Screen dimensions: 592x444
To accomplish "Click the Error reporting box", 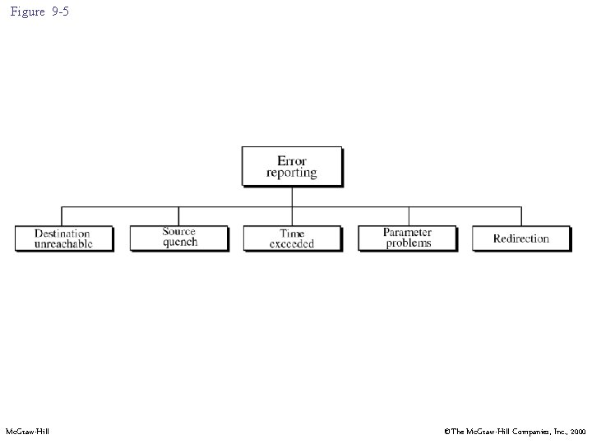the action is pos(291,166).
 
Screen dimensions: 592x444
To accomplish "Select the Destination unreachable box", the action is pos(63,238).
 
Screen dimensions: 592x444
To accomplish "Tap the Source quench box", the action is pos(178,238).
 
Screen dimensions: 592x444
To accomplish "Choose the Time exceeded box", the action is pos(292,238).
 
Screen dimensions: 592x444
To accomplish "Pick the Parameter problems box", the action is pos(407,238).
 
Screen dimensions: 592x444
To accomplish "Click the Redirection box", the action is pos(520,238).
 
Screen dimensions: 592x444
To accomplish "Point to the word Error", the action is pos(292,160).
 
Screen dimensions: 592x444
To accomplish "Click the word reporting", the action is pos(291,173).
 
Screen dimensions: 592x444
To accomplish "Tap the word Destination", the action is pos(62,234).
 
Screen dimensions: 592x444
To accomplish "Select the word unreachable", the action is pos(63,244).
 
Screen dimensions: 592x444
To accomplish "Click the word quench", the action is pos(179,243).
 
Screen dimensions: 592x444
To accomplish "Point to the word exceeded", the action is pos(292,244).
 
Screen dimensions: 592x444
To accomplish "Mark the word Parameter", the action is pos(408,232).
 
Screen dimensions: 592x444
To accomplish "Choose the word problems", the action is pos(408,243).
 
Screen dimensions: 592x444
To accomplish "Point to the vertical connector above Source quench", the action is pos(178,215).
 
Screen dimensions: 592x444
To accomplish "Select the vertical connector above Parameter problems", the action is pos(409,215).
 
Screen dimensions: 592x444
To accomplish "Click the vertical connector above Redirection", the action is pos(521,215).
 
